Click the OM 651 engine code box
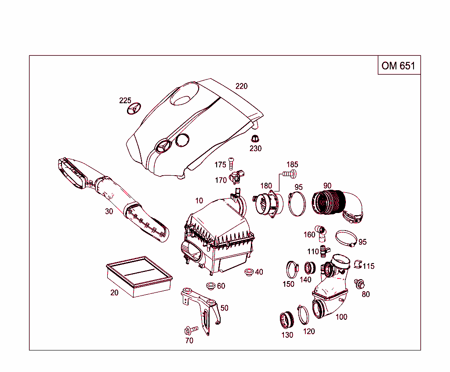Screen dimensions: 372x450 pyautogui.click(x=399, y=65)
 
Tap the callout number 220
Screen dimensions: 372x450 pyautogui.click(x=241, y=86)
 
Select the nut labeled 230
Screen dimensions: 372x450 pyautogui.click(x=255, y=139)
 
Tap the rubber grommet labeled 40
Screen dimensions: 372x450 pyautogui.click(x=249, y=272)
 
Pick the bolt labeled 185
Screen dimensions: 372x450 pyautogui.click(x=289, y=174)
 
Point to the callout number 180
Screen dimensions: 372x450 pyautogui.click(x=266, y=186)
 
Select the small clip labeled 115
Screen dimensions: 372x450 pyautogui.click(x=357, y=264)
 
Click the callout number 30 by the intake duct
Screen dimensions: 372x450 pyautogui.click(x=109, y=211)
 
